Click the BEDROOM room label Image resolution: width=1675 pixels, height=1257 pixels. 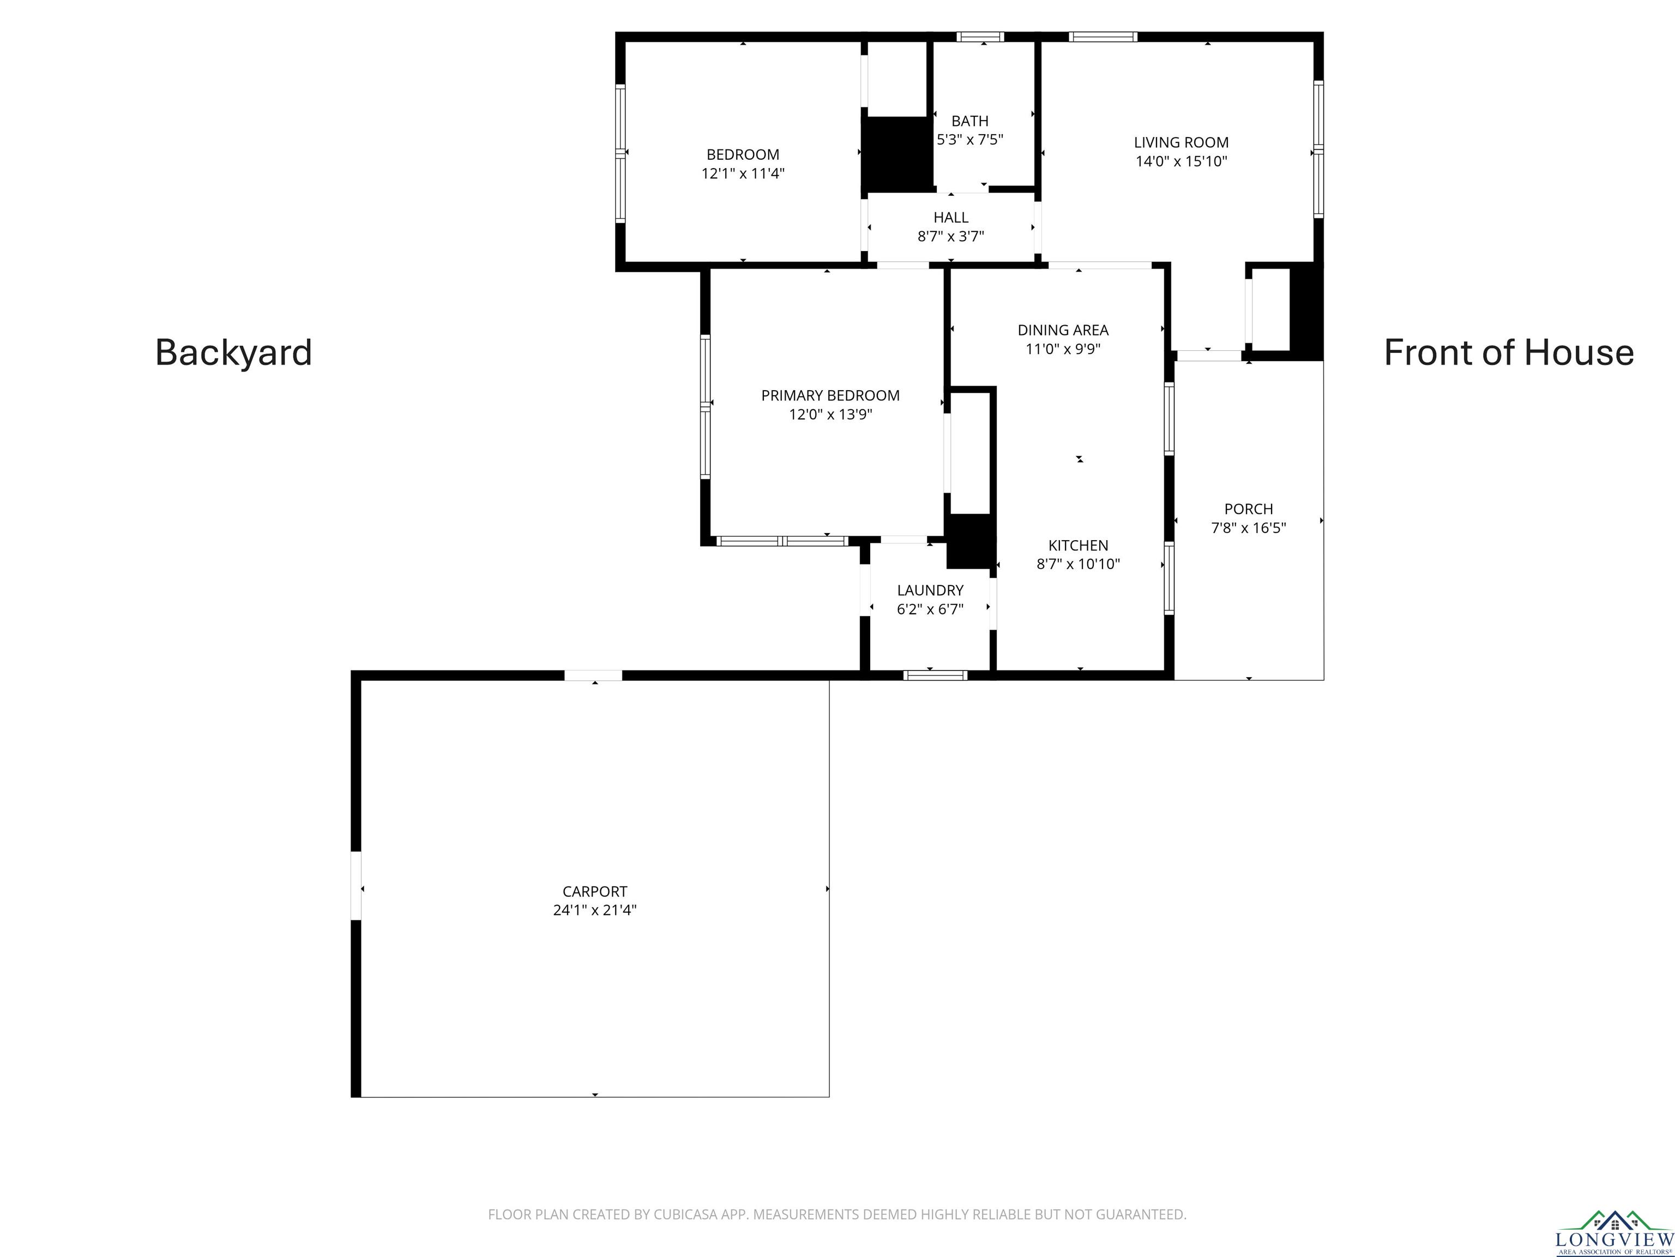(743, 154)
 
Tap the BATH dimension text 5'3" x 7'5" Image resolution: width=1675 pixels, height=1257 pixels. (970, 140)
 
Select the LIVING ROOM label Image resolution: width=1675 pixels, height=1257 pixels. (1182, 142)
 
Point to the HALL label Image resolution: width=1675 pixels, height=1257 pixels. (951, 218)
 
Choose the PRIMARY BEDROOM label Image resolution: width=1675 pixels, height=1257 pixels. (831, 396)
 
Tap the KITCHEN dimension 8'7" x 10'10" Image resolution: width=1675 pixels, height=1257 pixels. (1078, 564)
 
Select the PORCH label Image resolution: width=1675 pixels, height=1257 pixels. (1249, 509)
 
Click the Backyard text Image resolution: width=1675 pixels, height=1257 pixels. (233, 352)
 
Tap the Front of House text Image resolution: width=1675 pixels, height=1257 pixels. (1508, 352)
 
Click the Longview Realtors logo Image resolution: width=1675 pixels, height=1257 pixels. (1614, 1234)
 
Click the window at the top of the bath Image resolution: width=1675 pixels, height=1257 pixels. (980, 37)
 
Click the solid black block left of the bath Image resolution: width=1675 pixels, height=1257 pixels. (898, 154)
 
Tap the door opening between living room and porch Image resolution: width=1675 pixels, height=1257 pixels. (1209, 355)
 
